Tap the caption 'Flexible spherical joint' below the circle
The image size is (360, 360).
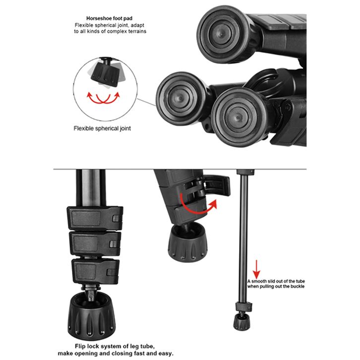[106, 128]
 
